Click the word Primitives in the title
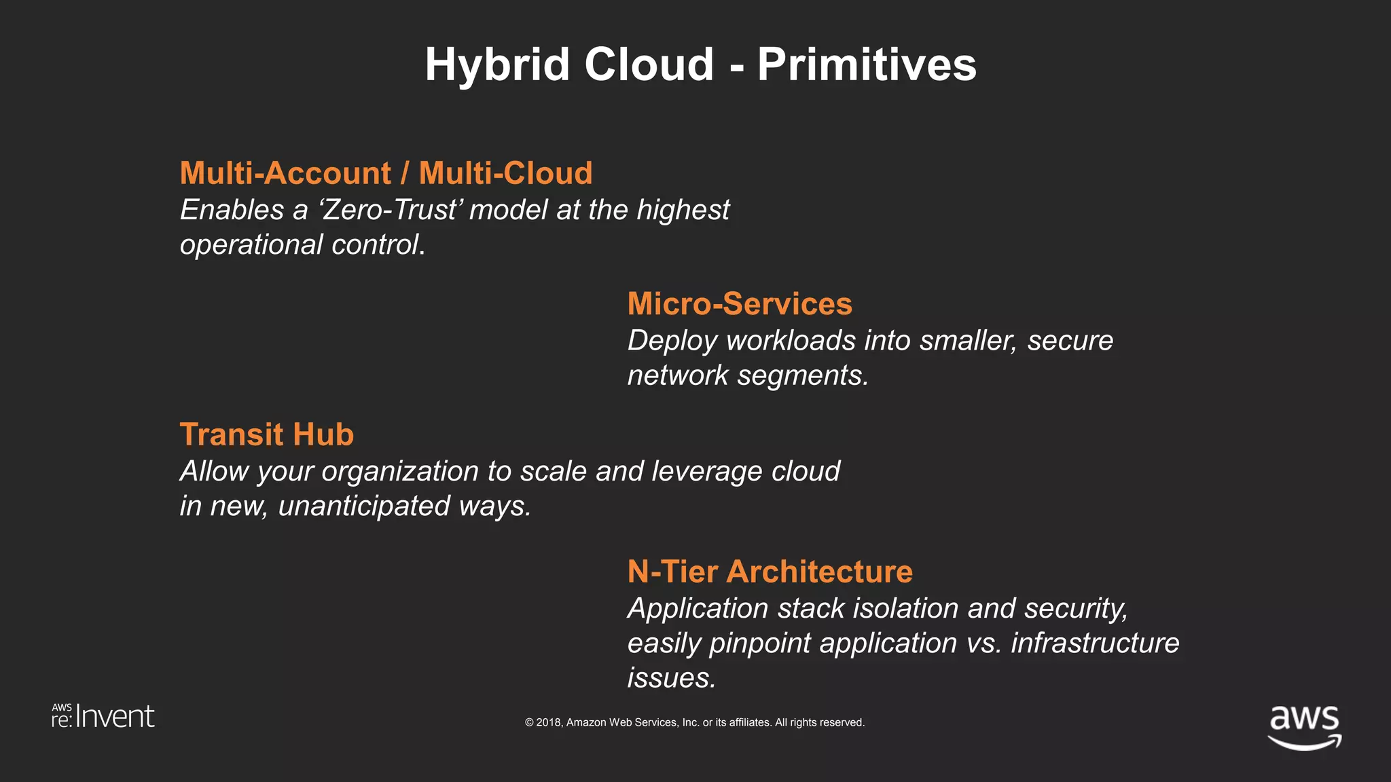point(867,65)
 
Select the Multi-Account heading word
point(285,173)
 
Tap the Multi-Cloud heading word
point(505,173)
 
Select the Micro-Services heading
point(739,303)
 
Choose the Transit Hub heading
point(266,434)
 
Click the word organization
point(400,472)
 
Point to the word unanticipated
point(364,506)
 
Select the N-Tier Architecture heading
point(770,572)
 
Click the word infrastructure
point(1095,644)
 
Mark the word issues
point(670,678)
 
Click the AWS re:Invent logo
point(103,717)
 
